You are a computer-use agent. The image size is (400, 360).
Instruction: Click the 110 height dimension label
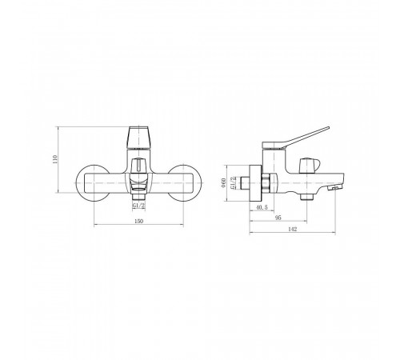55,159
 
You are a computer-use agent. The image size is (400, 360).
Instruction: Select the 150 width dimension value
139,221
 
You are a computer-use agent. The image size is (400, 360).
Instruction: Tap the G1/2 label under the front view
138,206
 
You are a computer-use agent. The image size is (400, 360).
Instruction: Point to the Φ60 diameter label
224,183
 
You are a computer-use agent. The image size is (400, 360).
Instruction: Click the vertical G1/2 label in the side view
233,183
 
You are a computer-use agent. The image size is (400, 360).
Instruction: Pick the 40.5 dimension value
262,207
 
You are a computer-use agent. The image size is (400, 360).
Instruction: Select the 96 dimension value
278,218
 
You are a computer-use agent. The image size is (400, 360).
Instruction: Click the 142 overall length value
293,229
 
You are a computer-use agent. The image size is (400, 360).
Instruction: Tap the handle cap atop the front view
139,138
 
